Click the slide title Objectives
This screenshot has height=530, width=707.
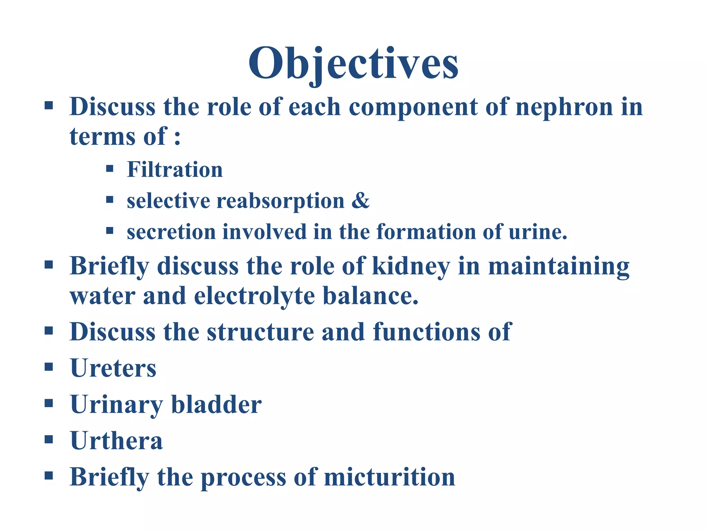(353, 64)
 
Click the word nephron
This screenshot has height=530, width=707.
(564, 107)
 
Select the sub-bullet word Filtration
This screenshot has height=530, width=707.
(175, 170)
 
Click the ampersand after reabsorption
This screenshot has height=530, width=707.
(360, 200)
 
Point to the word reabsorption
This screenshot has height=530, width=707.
(280, 201)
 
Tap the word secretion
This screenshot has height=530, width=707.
(171, 232)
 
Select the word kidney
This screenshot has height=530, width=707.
(411, 267)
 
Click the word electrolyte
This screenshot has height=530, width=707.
(254, 296)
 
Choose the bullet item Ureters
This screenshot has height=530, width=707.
(113, 368)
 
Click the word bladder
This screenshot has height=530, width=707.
(216, 404)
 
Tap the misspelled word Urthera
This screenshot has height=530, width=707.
(116, 441)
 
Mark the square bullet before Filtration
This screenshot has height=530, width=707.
(110, 169)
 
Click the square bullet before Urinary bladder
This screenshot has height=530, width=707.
(49, 403)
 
